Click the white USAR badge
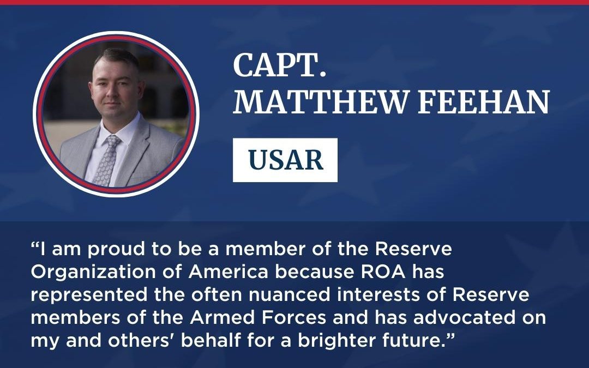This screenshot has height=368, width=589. [x=285, y=160]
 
